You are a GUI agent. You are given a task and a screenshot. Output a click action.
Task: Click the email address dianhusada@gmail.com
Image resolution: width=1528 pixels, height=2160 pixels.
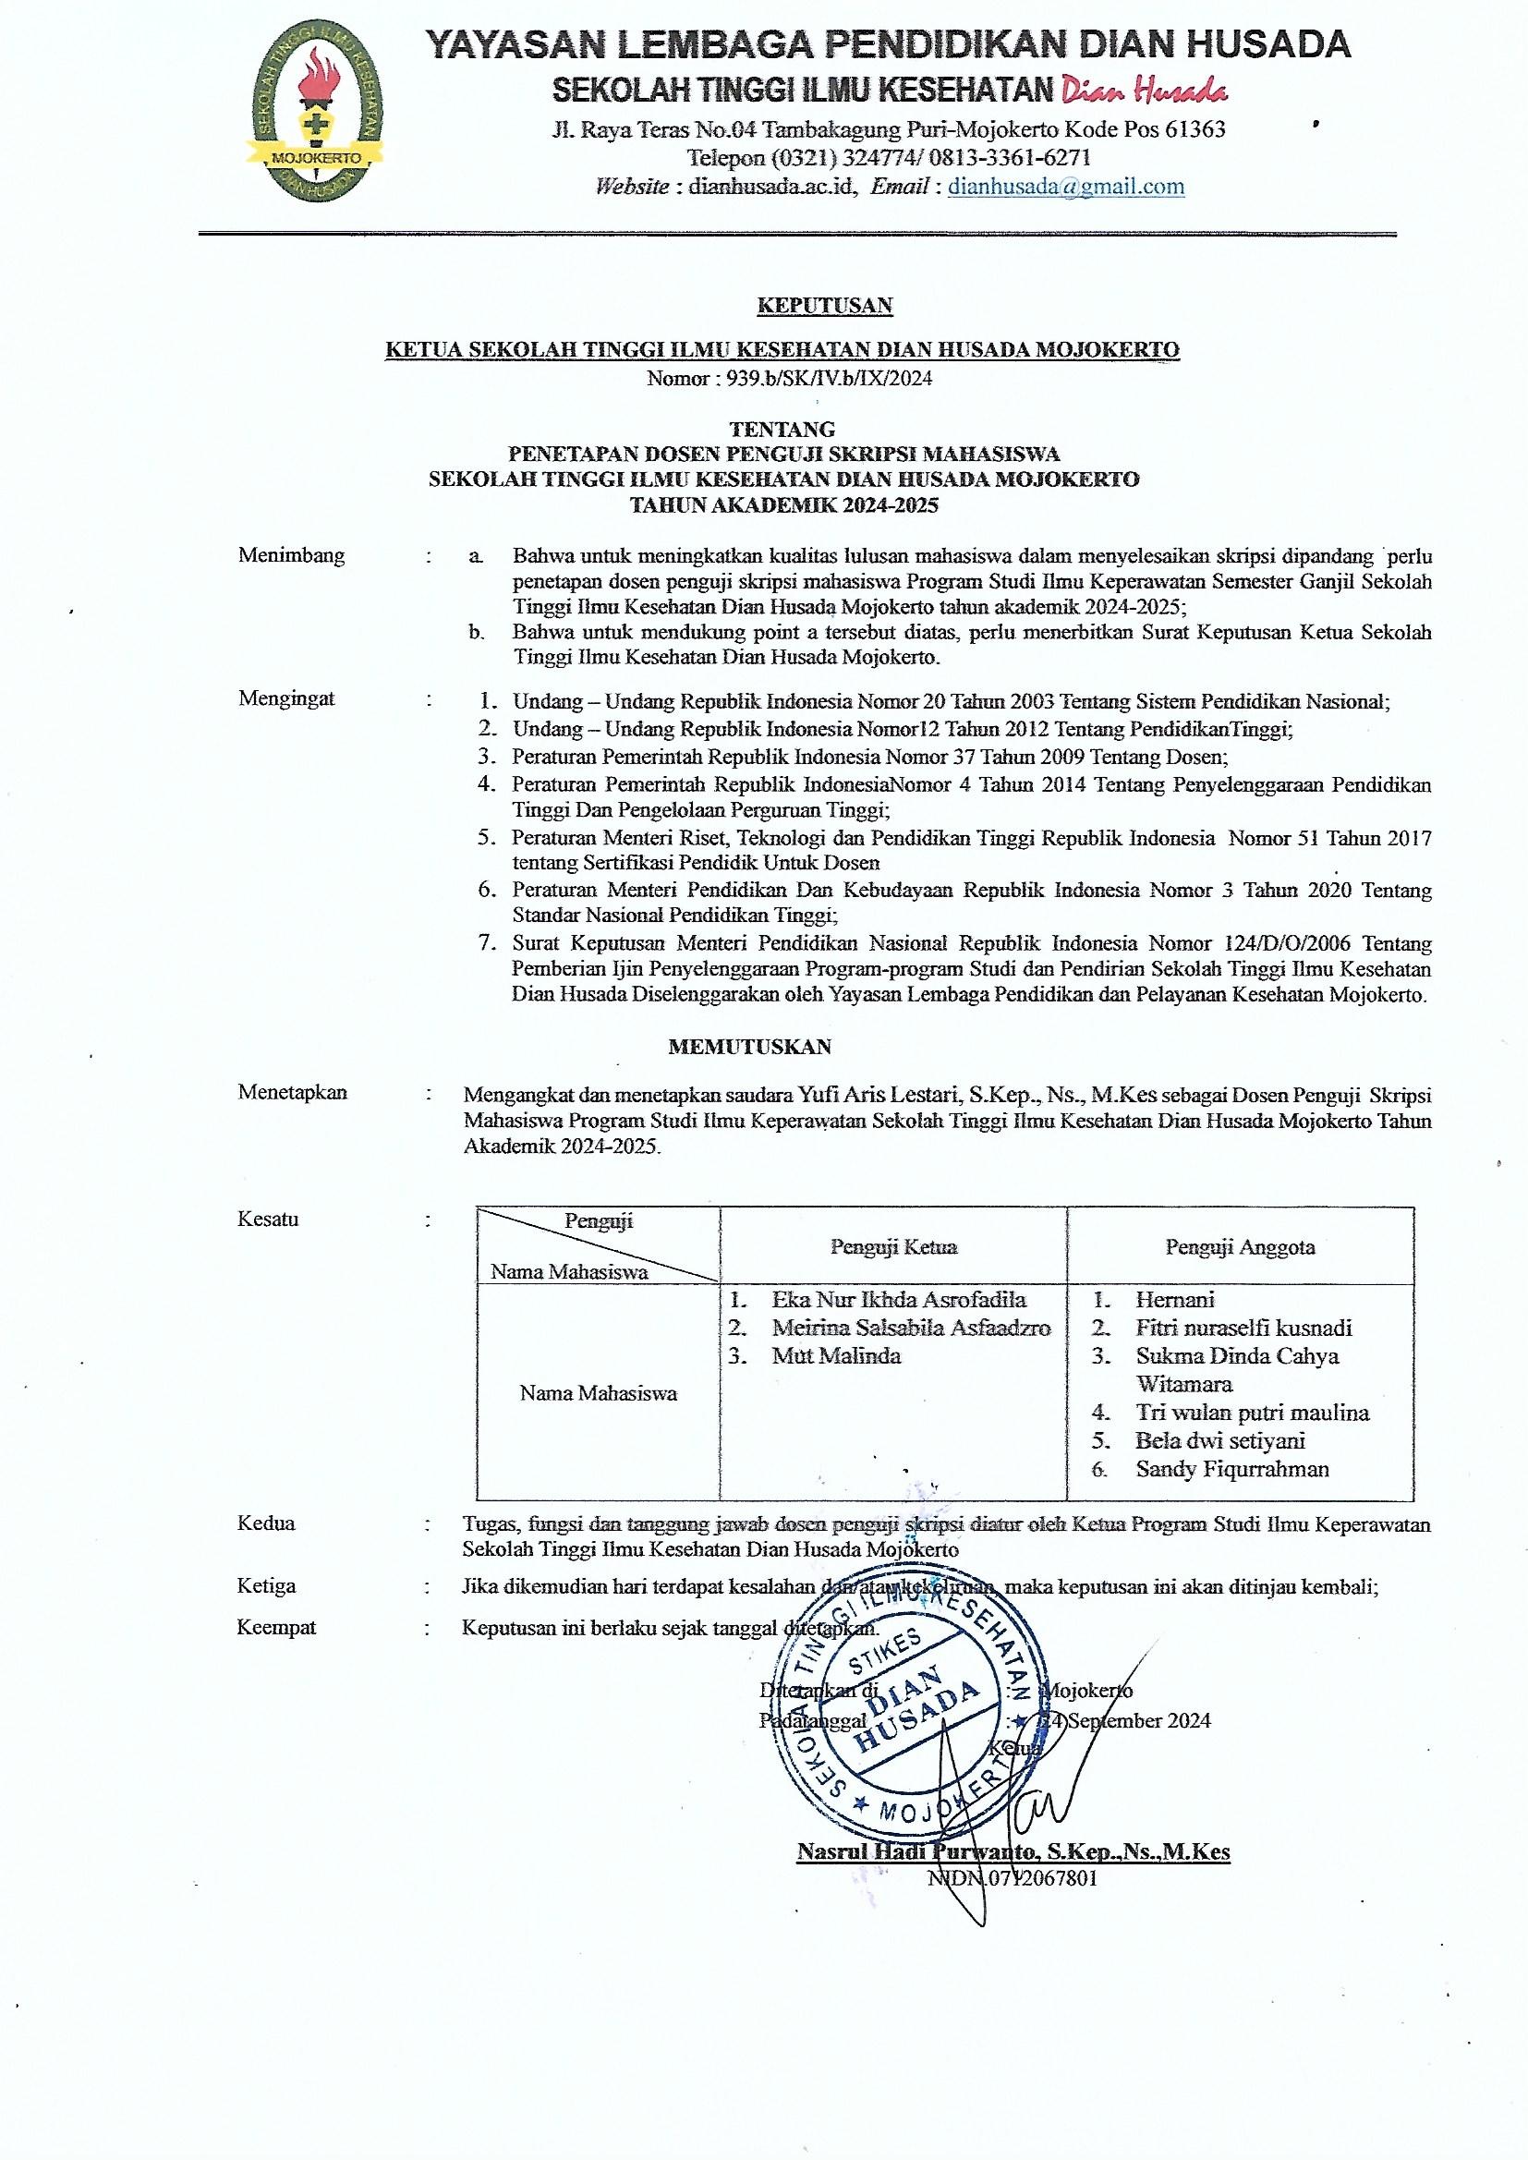[1066, 187]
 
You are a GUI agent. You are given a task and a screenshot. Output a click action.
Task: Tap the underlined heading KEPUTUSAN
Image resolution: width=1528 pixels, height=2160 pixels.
[825, 305]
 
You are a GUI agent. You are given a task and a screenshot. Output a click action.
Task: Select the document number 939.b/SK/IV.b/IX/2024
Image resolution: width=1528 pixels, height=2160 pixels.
[824, 378]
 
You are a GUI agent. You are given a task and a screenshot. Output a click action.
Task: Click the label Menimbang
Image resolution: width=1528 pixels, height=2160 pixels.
[291, 555]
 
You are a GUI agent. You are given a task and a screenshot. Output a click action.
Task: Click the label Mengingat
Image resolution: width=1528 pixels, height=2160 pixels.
[286, 698]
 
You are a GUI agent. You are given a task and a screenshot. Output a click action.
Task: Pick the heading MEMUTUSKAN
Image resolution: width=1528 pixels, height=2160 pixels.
[749, 1046]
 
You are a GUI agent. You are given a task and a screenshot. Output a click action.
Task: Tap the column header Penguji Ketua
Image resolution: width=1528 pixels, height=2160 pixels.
[893, 1247]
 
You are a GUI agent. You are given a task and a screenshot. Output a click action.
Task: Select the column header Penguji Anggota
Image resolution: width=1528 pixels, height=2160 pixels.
[1240, 1247]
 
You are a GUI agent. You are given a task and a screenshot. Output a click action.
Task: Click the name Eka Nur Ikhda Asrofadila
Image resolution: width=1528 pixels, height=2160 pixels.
[899, 1300]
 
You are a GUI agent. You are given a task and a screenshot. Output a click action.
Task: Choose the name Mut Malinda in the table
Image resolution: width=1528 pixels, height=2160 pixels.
[836, 1355]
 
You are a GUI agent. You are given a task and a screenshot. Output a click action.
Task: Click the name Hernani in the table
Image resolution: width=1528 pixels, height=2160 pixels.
[1175, 1300]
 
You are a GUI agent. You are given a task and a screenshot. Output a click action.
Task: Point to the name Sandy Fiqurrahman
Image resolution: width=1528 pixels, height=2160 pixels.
[1231, 1469]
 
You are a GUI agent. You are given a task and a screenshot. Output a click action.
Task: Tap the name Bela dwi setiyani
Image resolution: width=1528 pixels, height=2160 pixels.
[1219, 1440]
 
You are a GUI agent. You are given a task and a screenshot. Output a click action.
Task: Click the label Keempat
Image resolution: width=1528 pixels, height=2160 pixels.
[275, 1628]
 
